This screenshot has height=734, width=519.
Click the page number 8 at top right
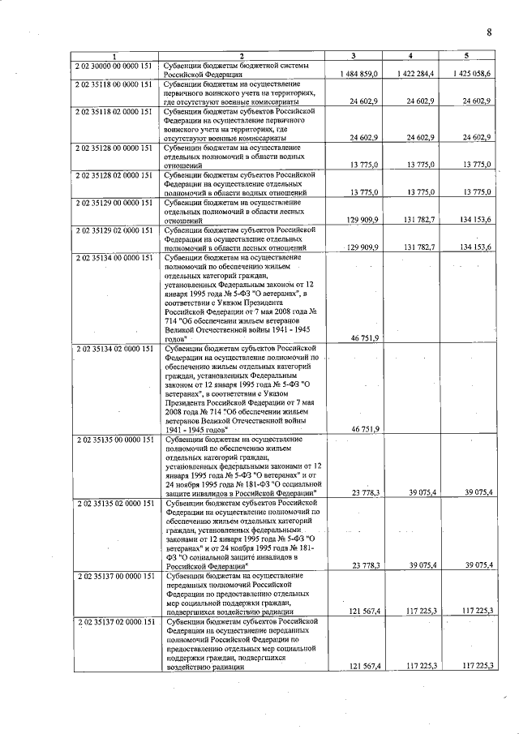coord(489,32)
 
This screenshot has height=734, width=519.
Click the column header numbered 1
coord(114,55)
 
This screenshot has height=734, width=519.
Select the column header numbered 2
coord(241,55)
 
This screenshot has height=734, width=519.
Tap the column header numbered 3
coord(353,55)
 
